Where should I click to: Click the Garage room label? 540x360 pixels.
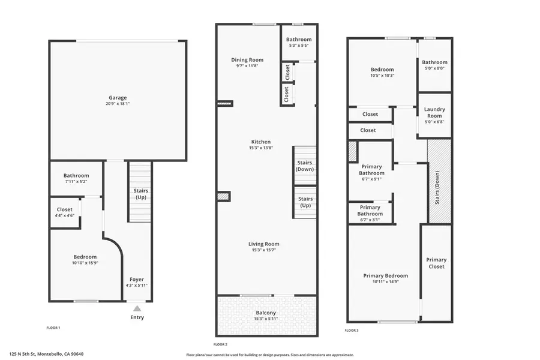pos(118,98)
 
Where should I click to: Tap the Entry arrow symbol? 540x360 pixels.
pos(137,308)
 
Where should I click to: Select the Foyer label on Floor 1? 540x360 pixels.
pos(137,279)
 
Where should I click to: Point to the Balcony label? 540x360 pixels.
pos(266,313)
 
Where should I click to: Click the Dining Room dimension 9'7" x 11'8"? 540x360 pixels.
pos(247,65)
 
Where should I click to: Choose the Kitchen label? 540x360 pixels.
pos(260,142)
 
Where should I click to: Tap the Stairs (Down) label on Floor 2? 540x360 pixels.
pos(305,166)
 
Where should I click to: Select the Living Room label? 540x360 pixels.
pos(264,244)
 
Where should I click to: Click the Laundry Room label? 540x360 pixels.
pos(434,112)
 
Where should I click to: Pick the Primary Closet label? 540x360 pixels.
pos(436,263)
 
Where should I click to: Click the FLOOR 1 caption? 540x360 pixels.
pos(53,328)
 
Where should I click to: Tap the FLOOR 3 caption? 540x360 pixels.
pos(352,330)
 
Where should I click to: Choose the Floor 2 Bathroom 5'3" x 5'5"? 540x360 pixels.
pos(298,43)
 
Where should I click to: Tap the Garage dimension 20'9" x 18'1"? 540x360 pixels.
pos(118,104)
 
